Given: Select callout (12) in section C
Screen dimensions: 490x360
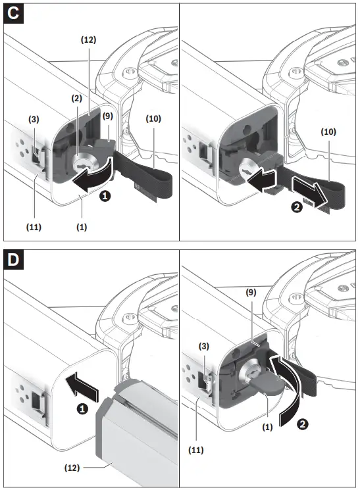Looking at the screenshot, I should (x=88, y=39).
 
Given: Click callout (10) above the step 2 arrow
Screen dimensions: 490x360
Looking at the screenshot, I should (x=329, y=132).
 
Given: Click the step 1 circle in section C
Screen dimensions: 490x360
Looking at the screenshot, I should (x=105, y=196).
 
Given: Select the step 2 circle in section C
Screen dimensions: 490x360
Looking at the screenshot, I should (x=297, y=207).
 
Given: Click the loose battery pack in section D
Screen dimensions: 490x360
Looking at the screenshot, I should (x=138, y=434).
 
